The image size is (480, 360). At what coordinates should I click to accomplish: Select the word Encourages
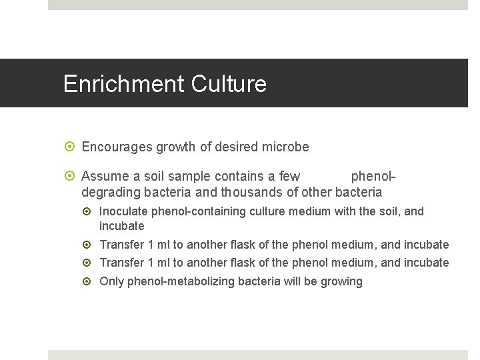click(x=117, y=147)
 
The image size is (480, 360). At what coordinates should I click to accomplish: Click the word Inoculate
click(x=123, y=211)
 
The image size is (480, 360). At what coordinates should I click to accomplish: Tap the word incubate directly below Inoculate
click(x=122, y=226)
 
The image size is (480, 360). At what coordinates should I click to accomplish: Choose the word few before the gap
click(x=289, y=177)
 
